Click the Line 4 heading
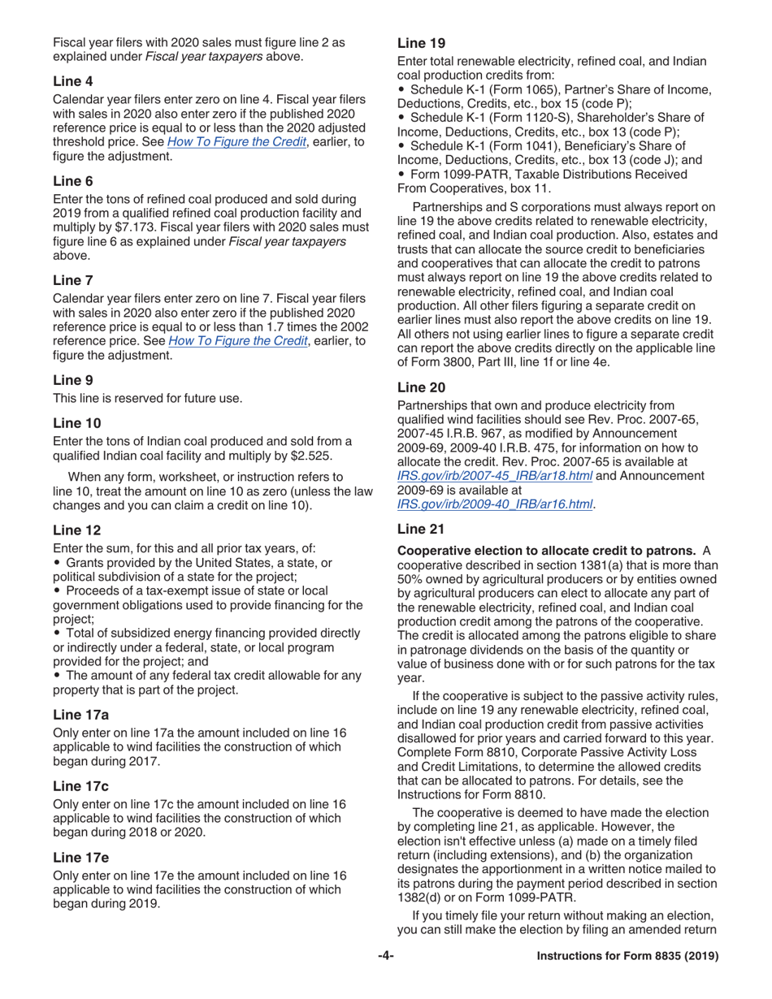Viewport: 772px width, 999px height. click(73, 81)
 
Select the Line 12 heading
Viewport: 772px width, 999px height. click(76, 530)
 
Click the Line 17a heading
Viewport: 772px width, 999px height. click(80, 715)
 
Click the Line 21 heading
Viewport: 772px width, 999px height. click(421, 530)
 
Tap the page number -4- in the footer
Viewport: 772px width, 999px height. click(386, 957)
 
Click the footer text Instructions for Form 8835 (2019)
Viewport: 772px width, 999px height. click(628, 957)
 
